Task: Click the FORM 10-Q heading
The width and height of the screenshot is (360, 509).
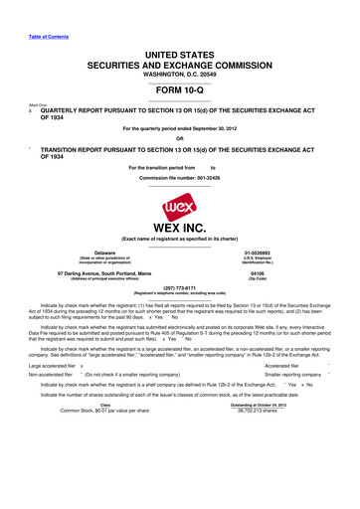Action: tap(179, 87)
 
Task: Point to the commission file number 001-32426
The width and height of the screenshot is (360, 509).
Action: tap(180, 178)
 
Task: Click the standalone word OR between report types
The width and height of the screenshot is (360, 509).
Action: tap(180, 138)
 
